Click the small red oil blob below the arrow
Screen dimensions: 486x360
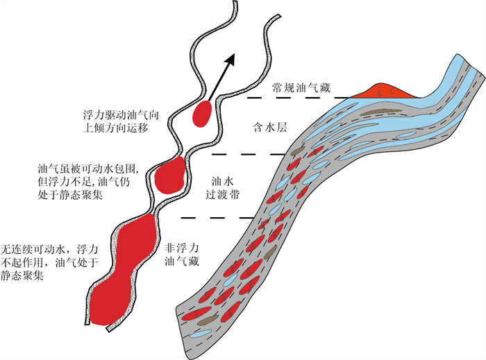tap(203, 114)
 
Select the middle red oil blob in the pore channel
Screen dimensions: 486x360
tap(169, 175)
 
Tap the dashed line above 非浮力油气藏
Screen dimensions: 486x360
tap(215, 218)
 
